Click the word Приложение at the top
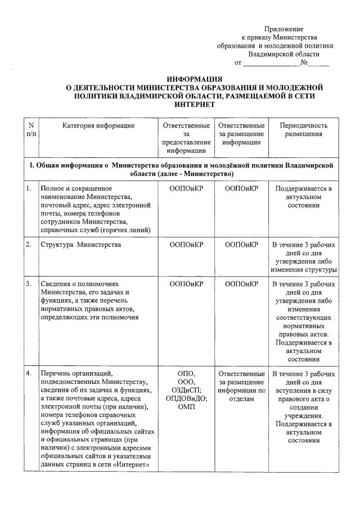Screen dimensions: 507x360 283,29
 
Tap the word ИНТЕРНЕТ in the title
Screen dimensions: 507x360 195,105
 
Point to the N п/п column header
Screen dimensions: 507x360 30,130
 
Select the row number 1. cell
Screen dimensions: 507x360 28,188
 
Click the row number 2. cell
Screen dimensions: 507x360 28,245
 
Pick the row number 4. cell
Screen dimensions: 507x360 28,374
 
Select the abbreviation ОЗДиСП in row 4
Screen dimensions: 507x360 186,390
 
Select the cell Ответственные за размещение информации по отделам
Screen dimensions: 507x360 241,386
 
